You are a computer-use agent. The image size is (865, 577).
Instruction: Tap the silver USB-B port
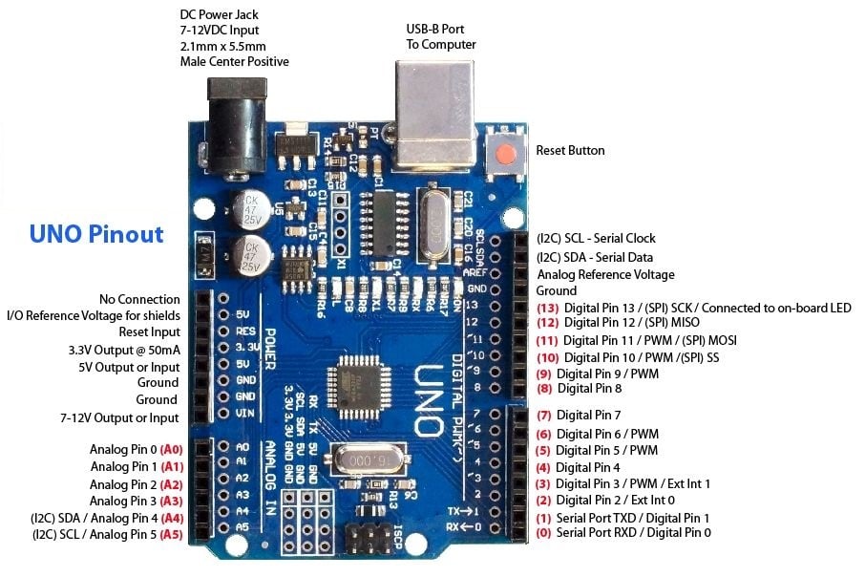(x=434, y=115)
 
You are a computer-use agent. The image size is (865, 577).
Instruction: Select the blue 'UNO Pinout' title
(x=96, y=234)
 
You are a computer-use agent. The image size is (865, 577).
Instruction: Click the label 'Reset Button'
(x=570, y=151)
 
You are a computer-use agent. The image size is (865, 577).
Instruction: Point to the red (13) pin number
(x=547, y=308)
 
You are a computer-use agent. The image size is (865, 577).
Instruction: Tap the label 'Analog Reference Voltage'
(x=605, y=274)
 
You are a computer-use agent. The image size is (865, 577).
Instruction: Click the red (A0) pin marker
(x=172, y=449)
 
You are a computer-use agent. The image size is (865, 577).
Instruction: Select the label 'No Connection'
(x=139, y=300)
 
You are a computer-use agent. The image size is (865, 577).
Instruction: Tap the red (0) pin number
(x=544, y=532)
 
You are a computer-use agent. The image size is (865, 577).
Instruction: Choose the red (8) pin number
(x=545, y=389)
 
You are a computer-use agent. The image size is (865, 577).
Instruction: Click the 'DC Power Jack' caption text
(x=219, y=15)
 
